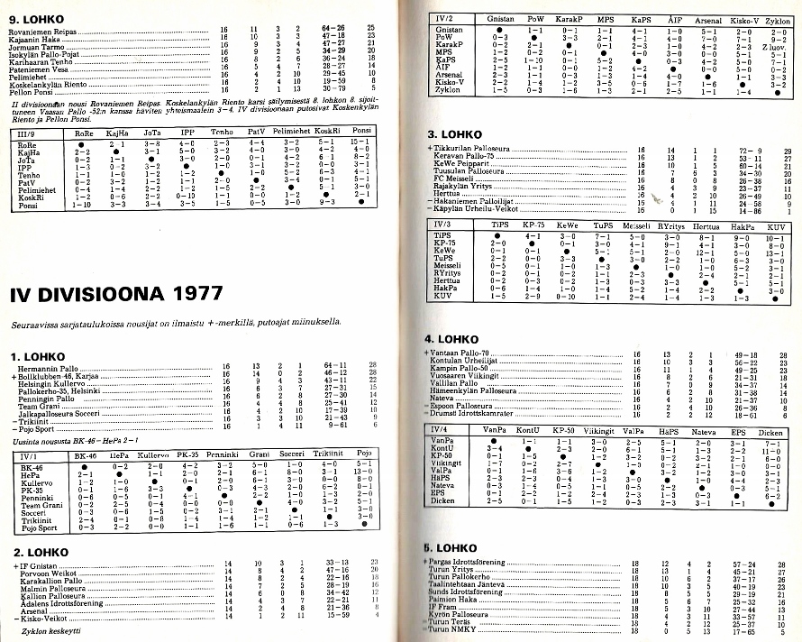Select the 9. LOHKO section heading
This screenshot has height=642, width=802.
(34, 14)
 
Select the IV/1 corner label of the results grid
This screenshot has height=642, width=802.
(30, 457)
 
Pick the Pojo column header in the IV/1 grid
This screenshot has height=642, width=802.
(365, 457)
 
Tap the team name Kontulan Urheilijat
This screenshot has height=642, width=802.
(469, 362)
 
